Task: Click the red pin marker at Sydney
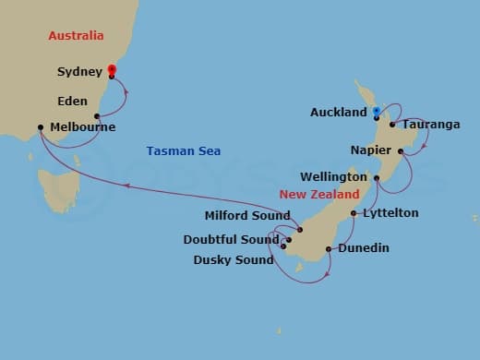pos(112,71)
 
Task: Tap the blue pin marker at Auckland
pos(377,113)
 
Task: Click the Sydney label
pos(78,71)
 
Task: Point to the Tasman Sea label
pos(184,150)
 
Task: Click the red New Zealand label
pos(319,196)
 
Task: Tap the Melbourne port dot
pos(41,128)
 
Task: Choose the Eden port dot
pos(97,116)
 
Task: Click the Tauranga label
pos(430,124)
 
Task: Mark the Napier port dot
pos(401,150)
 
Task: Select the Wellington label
pos(335,176)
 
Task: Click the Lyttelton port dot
pos(354,213)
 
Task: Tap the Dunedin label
pos(363,248)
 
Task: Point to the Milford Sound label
pos(246,217)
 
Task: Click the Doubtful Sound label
pos(232,239)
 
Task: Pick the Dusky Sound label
pos(233,259)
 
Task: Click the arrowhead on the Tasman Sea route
pos(127,185)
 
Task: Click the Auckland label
pos(339,113)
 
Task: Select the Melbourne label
pos(83,127)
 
